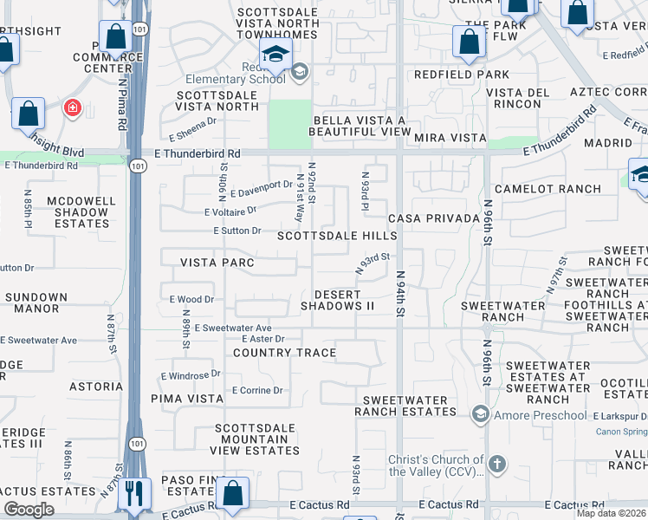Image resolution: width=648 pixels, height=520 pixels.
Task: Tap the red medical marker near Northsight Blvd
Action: [x=72, y=108]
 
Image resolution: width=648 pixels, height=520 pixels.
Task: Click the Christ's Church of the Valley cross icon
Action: [x=496, y=463]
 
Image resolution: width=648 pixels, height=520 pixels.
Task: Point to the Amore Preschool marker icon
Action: [x=480, y=415]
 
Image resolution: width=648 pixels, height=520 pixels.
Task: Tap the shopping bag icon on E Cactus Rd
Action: [x=233, y=493]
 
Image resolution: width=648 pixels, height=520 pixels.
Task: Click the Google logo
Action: [x=29, y=510]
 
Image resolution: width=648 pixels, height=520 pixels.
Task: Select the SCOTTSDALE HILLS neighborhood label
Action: [x=336, y=236]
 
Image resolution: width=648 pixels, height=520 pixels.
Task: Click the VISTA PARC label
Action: [x=217, y=263]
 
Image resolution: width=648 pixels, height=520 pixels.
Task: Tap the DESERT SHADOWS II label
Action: [x=337, y=300]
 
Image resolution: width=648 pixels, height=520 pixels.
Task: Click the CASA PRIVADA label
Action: [x=434, y=218]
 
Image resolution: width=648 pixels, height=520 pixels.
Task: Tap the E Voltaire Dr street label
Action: [x=230, y=211]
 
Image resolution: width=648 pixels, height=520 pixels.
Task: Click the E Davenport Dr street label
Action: [x=262, y=185]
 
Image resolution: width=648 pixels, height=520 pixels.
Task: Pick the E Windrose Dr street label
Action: [x=191, y=375]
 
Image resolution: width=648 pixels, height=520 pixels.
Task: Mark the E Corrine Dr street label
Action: [x=257, y=391]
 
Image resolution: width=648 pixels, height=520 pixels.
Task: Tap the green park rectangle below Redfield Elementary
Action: [x=289, y=124]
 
